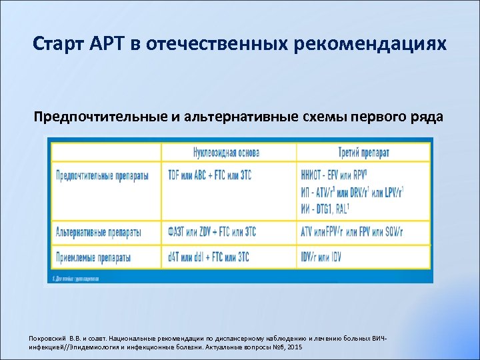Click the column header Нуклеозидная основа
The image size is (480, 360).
point(226,153)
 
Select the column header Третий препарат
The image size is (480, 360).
point(363,153)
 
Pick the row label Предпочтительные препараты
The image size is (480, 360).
point(102,176)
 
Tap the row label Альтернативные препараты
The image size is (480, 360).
point(98,232)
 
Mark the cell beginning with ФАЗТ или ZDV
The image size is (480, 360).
point(211,232)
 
